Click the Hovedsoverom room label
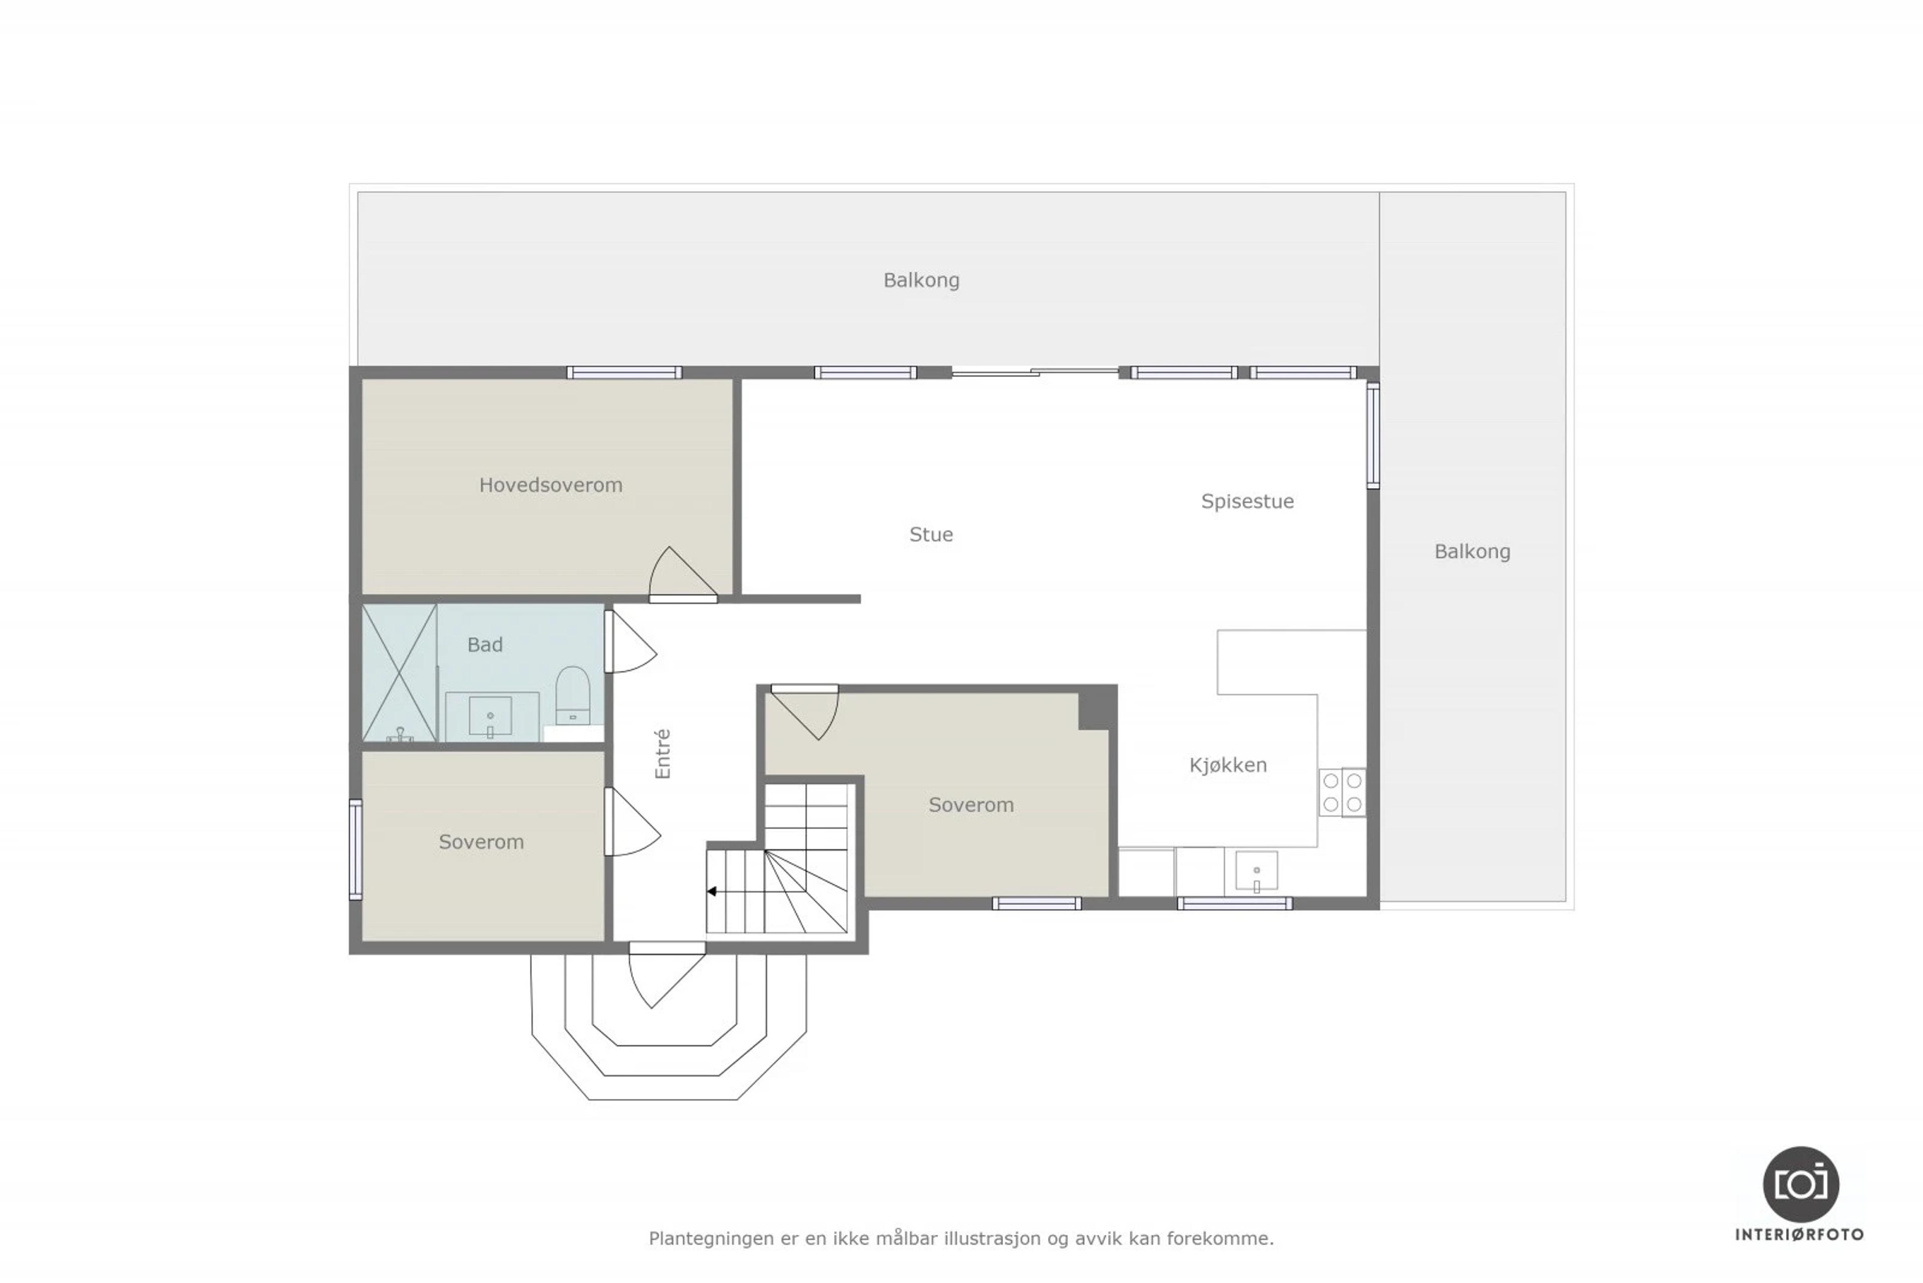(550, 485)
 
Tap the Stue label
(931, 535)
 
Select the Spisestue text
(1247, 501)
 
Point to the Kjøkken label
(1228, 765)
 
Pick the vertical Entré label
(663, 753)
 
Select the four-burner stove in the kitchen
(1342, 792)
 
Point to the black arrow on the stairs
(712, 891)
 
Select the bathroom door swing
(630, 642)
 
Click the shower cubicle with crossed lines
(399, 673)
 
